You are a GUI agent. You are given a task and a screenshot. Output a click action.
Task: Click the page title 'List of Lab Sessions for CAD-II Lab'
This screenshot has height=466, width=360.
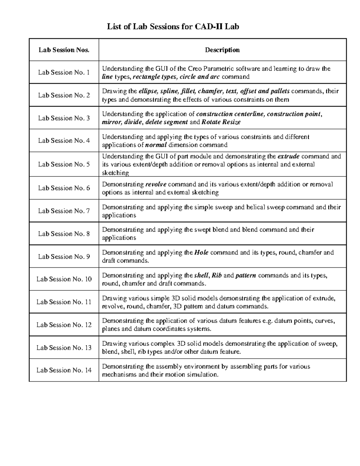pos(173,27)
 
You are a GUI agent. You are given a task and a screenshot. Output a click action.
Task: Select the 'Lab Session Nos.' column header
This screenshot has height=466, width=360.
pos(64,50)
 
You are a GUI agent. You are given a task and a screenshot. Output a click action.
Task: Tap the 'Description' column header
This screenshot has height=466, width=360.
pos(222,50)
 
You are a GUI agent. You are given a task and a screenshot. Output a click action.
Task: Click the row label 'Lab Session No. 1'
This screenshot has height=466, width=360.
pos(64,72)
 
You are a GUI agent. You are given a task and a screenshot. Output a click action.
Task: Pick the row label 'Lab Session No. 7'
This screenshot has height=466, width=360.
pos(64,211)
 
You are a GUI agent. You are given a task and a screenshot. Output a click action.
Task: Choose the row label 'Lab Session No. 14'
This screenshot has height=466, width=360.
pos(64,370)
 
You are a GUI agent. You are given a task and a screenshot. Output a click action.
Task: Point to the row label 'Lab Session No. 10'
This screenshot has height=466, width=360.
pos(64,279)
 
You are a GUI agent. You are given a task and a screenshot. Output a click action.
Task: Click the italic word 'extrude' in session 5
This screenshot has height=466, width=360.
pos(289,156)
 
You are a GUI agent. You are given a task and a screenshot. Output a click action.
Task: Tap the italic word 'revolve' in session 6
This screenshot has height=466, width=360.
pos(156,185)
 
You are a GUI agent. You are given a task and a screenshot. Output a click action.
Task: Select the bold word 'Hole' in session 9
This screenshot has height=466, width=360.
pos(201,253)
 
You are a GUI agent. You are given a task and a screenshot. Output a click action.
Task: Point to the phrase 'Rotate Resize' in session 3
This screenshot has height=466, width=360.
pos(221,122)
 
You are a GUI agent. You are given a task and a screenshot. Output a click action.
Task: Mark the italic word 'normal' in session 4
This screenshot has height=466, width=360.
pos(156,145)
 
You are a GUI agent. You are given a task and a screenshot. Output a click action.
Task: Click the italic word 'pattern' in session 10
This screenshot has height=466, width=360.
pos(246,275)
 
